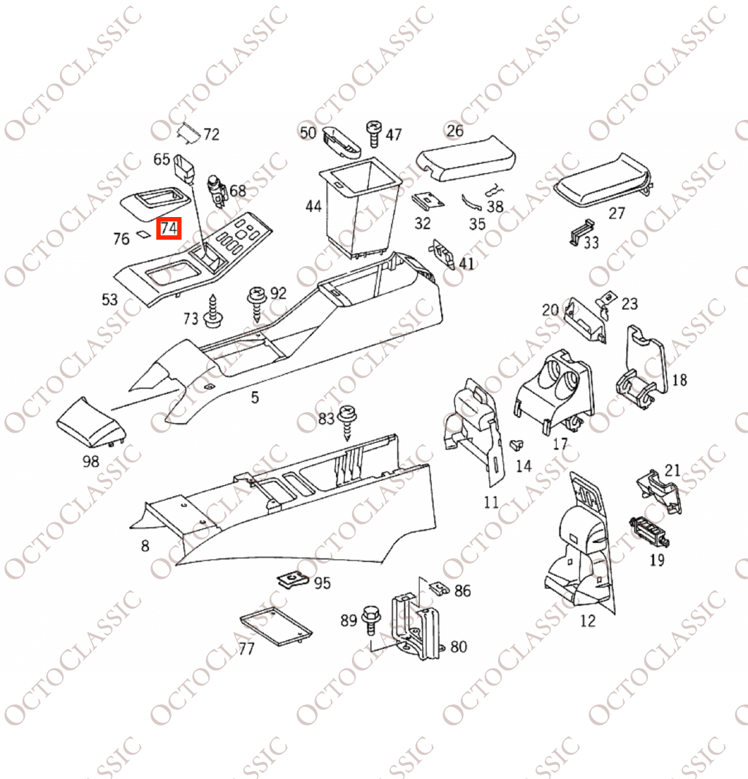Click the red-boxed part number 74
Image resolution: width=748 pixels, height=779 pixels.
(169, 229)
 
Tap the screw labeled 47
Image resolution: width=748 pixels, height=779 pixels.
(373, 134)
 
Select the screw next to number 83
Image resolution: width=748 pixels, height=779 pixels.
(347, 423)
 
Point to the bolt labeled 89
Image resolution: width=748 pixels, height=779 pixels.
(370, 619)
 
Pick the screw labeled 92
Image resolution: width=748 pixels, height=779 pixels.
(257, 303)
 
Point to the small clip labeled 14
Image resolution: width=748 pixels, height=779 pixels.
(517, 444)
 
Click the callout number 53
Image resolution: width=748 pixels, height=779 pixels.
(110, 300)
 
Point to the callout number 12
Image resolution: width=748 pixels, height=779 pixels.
(587, 620)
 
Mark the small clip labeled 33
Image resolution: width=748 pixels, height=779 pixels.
(581, 232)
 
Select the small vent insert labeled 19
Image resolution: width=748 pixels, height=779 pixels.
(649, 532)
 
